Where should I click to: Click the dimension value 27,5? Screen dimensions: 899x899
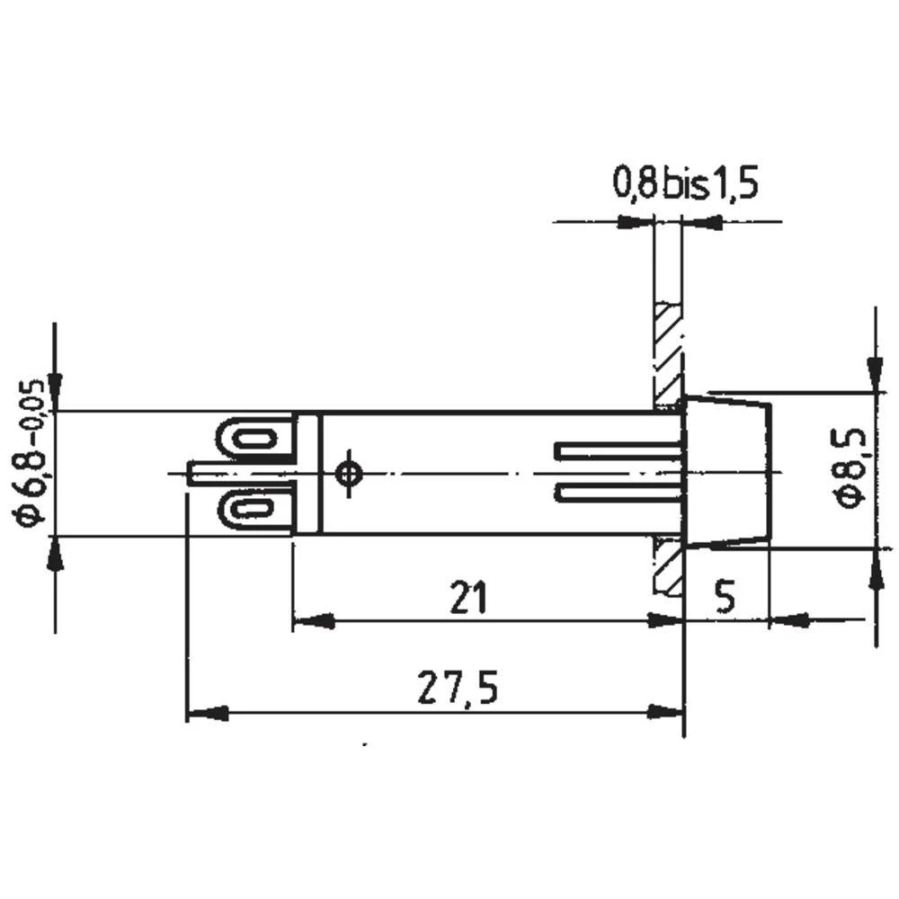[x=457, y=690]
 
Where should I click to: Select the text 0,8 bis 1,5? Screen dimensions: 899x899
[x=685, y=184]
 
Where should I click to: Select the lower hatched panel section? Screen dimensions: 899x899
[x=666, y=566]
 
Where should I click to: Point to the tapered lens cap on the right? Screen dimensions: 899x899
[x=726, y=471]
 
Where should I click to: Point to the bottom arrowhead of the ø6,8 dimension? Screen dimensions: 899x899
[x=56, y=557]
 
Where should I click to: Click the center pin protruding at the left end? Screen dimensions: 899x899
[x=205, y=473]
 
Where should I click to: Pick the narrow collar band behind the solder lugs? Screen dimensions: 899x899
[x=307, y=473]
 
